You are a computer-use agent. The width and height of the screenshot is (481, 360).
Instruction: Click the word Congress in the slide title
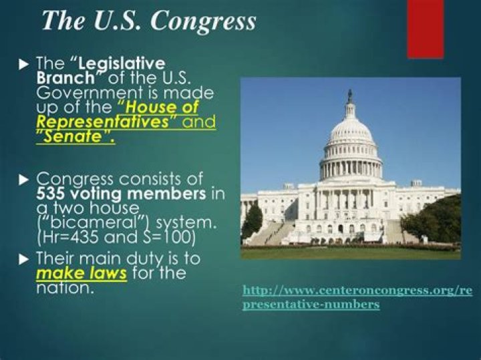(202, 21)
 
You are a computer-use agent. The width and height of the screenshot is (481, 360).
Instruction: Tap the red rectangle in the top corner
(425, 28)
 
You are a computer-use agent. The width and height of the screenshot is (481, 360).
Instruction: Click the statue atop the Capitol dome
(350, 95)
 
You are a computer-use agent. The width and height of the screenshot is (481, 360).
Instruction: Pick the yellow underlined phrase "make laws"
(82, 273)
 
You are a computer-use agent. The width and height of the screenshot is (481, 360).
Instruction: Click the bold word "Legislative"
(122, 64)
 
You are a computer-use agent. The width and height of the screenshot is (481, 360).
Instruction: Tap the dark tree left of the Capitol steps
(253, 220)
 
